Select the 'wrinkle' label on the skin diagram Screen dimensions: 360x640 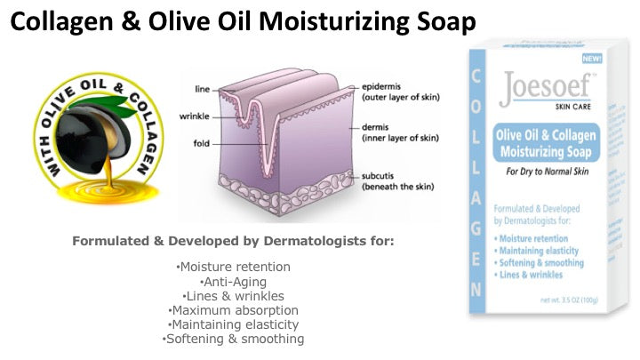194,116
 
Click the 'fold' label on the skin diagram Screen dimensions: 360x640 200,143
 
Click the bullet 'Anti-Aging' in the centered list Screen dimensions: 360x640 234,281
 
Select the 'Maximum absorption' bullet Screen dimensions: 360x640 234,309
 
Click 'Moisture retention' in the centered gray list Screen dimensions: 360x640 234,267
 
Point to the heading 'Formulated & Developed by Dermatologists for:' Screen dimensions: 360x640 234,241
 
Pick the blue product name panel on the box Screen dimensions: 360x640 545,141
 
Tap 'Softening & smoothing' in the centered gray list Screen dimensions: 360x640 234,339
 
